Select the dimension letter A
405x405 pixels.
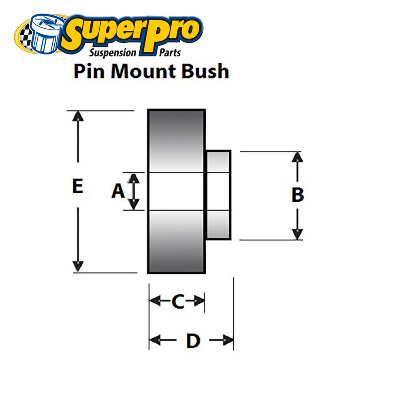[118, 191]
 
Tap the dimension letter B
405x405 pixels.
[298, 195]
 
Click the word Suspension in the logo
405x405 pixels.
[112, 52]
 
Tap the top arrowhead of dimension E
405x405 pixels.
[78, 115]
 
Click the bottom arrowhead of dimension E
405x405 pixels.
[78, 267]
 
